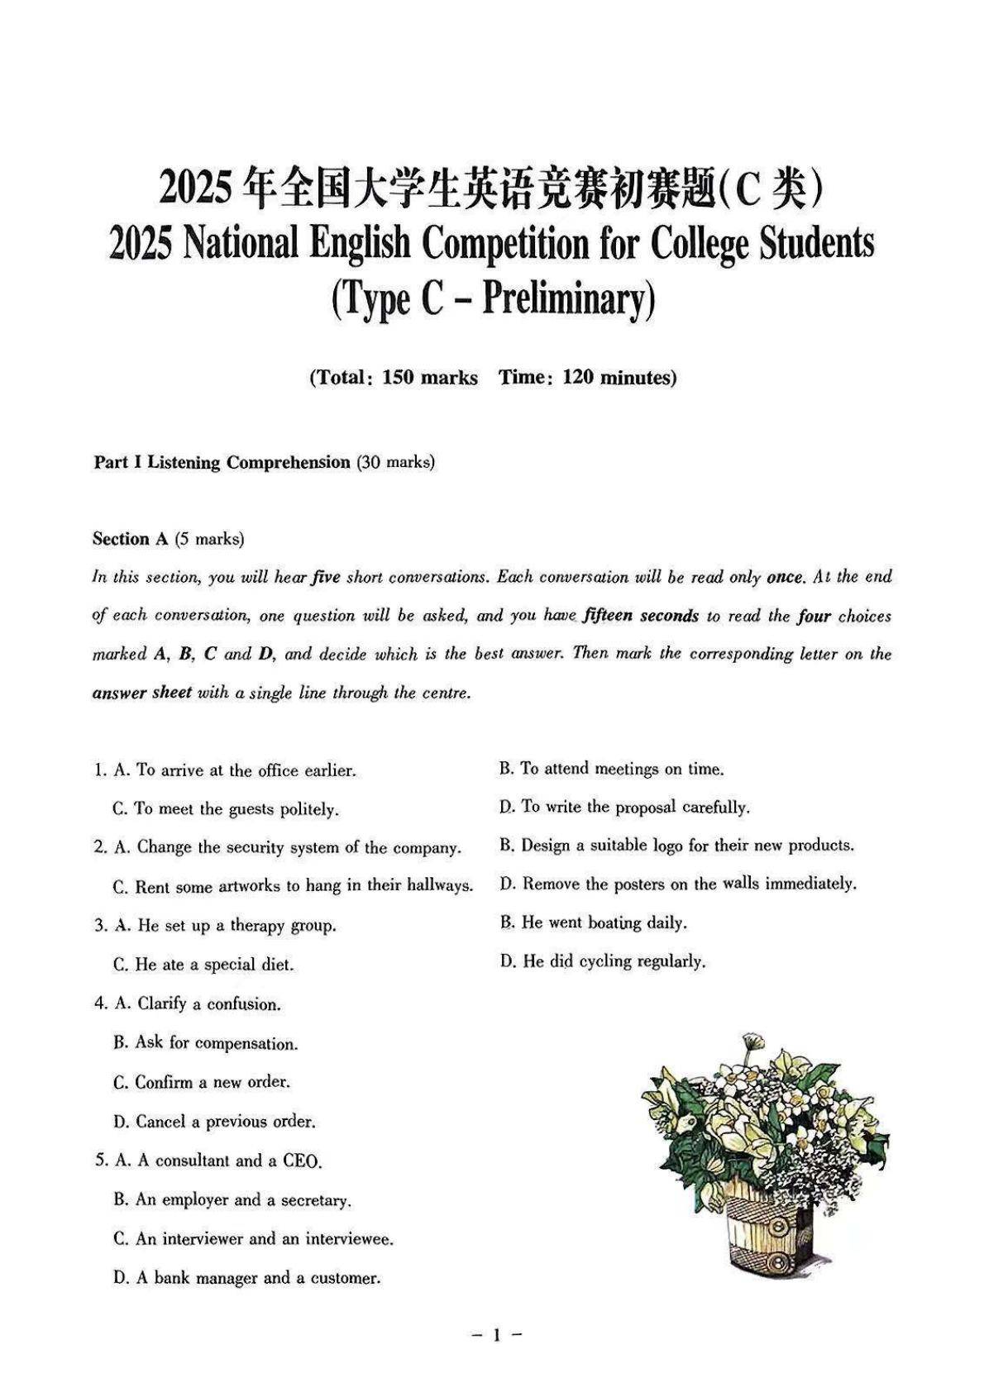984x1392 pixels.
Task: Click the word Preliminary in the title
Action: (x=562, y=298)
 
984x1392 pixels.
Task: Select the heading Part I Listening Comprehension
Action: (x=222, y=462)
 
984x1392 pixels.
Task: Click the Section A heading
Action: (x=131, y=539)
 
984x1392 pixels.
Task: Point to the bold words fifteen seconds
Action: (x=641, y=616)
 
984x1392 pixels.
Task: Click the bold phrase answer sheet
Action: (x=141, y=693)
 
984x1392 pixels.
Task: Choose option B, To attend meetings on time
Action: (x=611, y=769)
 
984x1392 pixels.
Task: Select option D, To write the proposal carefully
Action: (x=624, y=807)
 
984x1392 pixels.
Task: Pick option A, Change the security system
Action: (x=277, y=847)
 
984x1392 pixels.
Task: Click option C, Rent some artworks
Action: (x=293, y=886)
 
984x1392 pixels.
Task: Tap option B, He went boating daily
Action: (x=593, y=922)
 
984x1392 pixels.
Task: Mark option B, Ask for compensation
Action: (x=206, y=1043)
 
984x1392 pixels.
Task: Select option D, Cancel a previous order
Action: (x=214, y=1122)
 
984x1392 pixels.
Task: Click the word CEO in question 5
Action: (x=301, y=1161)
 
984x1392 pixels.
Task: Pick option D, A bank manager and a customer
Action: (x=246, y=1278)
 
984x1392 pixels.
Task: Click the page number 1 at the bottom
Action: (x=496, y=1334)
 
